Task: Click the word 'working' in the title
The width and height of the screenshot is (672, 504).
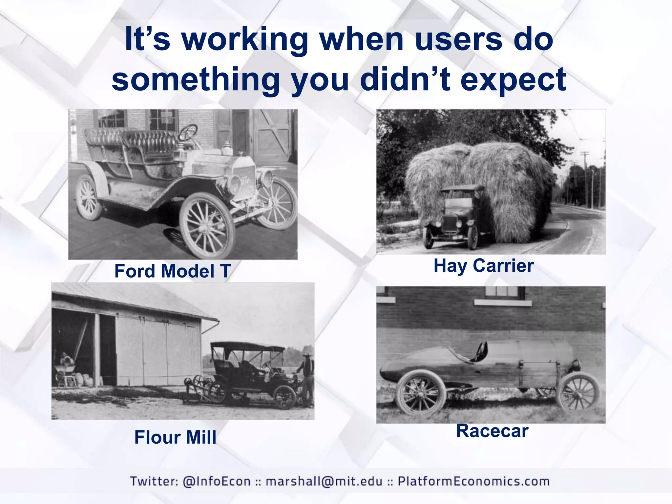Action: pos(244,40)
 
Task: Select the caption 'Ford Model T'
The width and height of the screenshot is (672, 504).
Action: pos(173,271)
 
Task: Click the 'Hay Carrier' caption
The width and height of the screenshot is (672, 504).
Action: pos(483,265)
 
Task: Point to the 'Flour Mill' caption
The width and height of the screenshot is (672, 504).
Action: pos(175,437)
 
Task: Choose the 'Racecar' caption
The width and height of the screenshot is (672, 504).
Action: pos(492,431)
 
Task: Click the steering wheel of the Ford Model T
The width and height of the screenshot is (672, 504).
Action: pos(188,132)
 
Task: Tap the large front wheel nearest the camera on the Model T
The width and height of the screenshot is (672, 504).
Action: pos(207,225)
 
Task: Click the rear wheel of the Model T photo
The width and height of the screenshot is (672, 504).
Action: pos(88,198)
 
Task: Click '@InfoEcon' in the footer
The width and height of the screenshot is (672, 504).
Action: pos(217,481)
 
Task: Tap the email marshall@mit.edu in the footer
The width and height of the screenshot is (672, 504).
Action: pos(324,481)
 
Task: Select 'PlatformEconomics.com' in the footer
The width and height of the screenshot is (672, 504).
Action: pos(473,481)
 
